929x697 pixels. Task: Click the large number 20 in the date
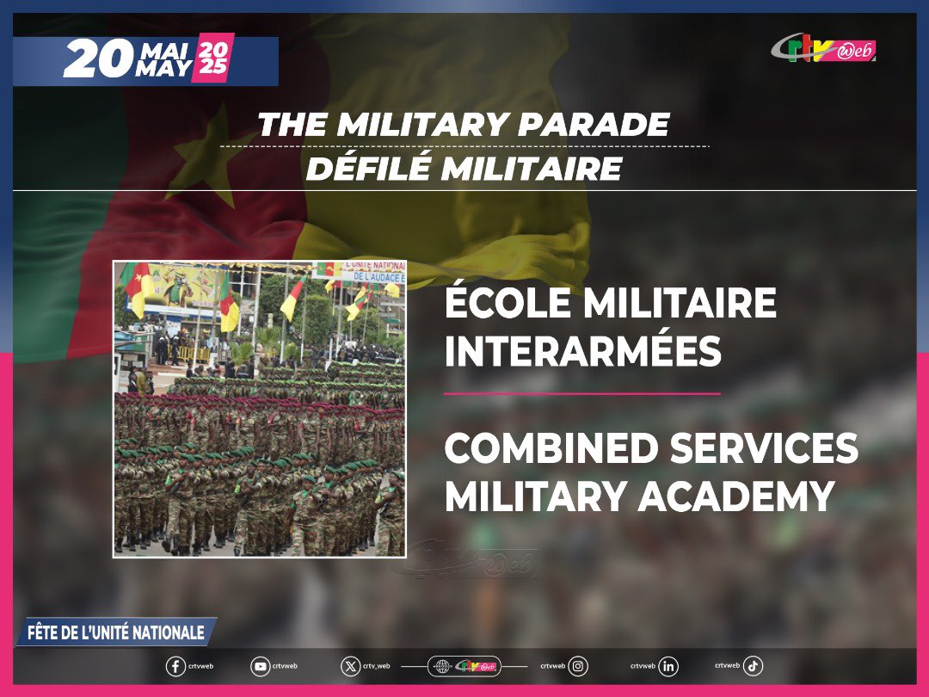[x=97, y=60]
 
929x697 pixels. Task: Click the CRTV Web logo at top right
[x=823, y=49]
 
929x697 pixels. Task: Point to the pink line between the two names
[x=581, y=393]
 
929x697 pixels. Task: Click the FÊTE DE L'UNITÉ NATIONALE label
[x=116, y=632]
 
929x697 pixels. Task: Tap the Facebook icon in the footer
[x=175, y=667]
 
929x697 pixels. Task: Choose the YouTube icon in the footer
[x=260, y=667]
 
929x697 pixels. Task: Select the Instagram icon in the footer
[x=579, y=666]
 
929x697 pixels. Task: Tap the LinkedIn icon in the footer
[x=668, y=666]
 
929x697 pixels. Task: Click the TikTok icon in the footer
[x=753, y=666]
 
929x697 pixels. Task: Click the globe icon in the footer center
[x=443, y=667]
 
